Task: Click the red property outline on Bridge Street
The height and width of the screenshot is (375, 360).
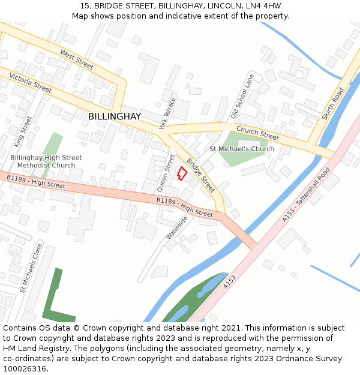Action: pos(182,173)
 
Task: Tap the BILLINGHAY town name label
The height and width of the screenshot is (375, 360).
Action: pos(115,116)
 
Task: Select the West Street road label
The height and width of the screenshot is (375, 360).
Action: pos(77,60)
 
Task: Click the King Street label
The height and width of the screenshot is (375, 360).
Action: pos(23,132)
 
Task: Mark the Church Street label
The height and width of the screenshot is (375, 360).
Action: pos(257,133)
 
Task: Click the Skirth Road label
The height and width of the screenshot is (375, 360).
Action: pos(333,104)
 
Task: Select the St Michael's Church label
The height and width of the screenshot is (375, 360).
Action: pos(242,149)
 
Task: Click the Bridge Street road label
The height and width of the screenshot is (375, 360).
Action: pos(200,175)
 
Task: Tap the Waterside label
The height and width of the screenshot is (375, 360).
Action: pos(177,228)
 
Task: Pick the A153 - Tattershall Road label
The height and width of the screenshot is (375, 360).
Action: pos(306,195)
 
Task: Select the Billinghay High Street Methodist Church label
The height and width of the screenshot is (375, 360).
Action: pos(46,161)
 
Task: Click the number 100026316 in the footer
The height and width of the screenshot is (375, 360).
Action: pos(25,368)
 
